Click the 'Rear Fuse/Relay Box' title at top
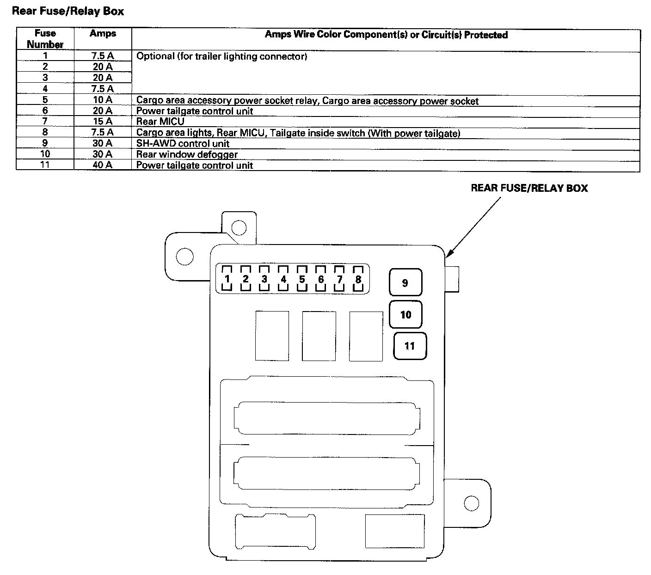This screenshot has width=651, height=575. tap(68, 11)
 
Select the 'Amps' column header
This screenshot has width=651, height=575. tap(103, 34)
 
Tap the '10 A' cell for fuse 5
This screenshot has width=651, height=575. tap(102, 100)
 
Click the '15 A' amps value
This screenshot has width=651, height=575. tap(102, 122)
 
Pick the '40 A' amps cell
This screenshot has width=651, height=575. tap(102, 165)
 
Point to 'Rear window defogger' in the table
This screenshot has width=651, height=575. tap(187, 154)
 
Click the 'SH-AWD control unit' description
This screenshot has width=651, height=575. tap(183, 143)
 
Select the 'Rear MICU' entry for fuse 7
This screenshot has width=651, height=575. tap(160, 122)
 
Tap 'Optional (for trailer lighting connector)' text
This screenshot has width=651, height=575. tap(221, 56)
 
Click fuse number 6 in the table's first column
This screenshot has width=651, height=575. tap(45, 110)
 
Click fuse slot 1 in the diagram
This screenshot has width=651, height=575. tap(227, 279)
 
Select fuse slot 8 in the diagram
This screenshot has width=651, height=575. tap(358, 279)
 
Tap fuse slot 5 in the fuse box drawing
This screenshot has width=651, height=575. tap(302, 279)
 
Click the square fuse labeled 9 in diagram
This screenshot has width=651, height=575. tap(405, 282)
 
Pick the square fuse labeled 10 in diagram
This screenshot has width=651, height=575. tap(405, 315)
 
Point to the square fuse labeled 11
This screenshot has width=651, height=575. tap(410, 346)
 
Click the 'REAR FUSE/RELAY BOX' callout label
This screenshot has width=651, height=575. tap(529, 188)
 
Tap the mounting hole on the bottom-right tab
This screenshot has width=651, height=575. tap(471, 503)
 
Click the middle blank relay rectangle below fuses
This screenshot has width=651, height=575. tap(319, 336)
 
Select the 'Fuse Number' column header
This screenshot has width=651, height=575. tap(45, 39)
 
